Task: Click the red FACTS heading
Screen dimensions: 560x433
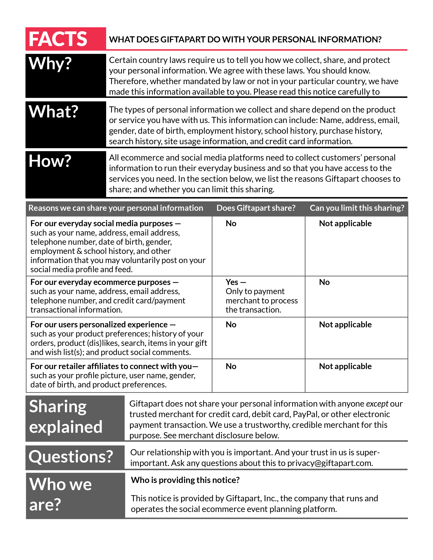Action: click(58, 39)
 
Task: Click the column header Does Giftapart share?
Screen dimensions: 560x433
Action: click(256, 208)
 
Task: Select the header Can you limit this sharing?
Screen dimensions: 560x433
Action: click(357, 208)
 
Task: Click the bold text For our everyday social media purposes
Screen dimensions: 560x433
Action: click(101, 224)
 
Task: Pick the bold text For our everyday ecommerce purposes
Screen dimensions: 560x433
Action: click(100, 282)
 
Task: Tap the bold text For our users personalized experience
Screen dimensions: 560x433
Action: click(99, 325)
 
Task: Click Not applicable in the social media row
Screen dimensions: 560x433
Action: click(345, 224)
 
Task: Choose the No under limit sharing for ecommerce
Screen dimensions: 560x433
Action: click(324, 282)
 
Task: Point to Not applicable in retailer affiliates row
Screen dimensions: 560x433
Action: click(345, 366)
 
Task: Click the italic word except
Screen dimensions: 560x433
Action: click(377, 404)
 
